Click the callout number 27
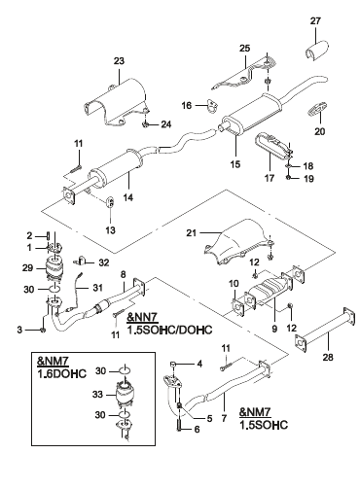[315, 21]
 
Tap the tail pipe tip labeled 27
[316, 51]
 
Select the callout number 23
[119, 61]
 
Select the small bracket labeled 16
[211, 106]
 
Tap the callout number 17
[270, 178]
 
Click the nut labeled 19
[289, 178]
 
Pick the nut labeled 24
[146, 123]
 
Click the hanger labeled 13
[110, 201]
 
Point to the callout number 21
[192, 232]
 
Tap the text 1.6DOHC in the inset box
[62, 373]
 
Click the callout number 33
[97, 395]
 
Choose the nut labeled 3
[43, 330]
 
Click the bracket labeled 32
[81, 262]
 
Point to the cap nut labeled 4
[173, 365]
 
